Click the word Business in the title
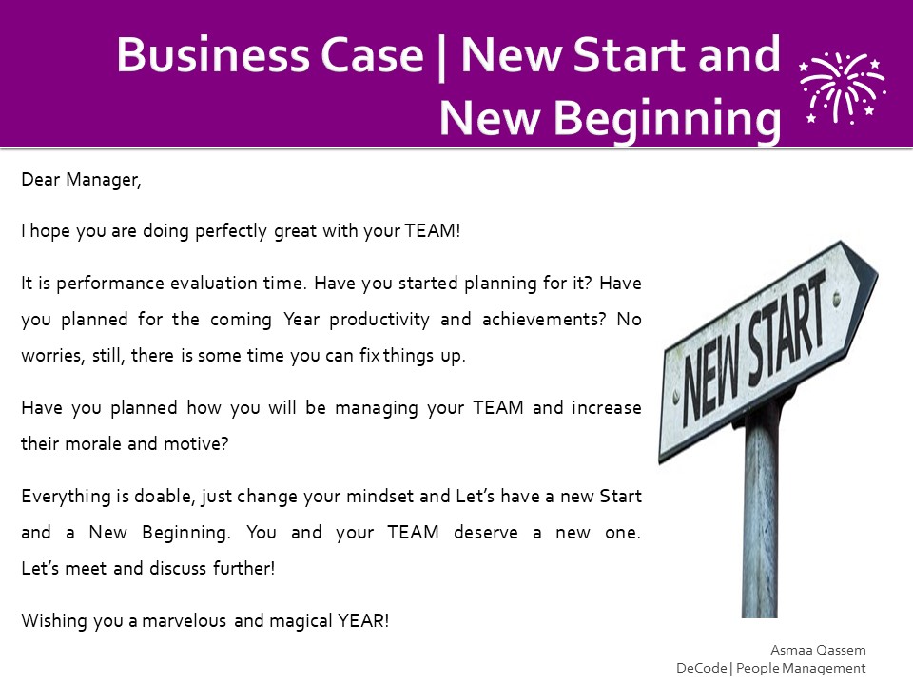click(213, 55)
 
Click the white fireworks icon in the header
click(842, 88)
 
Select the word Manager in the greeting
click(103, 180)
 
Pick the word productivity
click(379, 320)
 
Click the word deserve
click(486, 533)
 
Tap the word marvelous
click(184, 621)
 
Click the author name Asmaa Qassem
click(818, 650)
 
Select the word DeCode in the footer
click(702, 668)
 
